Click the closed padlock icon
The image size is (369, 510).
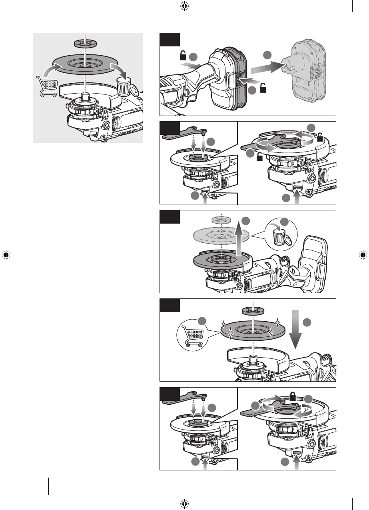[x=293, y=398]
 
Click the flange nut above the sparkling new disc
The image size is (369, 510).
[x=253, y=311]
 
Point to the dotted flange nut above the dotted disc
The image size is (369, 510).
[x=221, y=220]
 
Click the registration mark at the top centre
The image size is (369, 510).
[x=184, y=6]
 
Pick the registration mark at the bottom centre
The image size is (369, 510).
[x=184, y=503]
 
